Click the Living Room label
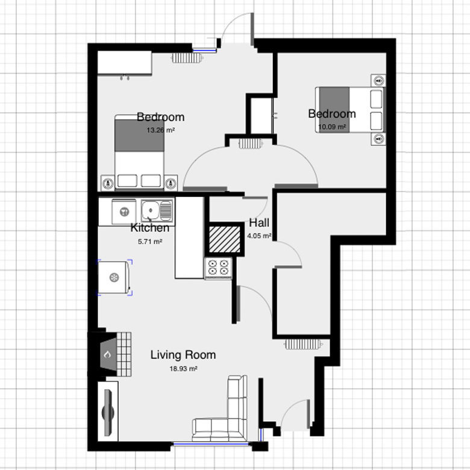[183, 355]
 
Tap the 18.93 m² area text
[183, 369]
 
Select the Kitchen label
[150, 228]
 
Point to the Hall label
[259, 223]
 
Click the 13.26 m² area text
[161, 130]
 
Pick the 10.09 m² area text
[332, 127]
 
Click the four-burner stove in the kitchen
[218, 268]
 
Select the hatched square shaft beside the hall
[225, 239]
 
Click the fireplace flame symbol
[107, 354]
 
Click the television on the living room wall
[108, 412]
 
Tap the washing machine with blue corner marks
[114, 277]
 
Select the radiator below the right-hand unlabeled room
[303, 344]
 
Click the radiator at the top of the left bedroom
[187, 58]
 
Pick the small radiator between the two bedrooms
[251, 144]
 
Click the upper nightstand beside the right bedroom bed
[378, 80]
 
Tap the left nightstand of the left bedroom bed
[108, 183]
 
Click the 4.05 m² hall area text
[259, 236]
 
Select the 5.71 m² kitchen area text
[150, 241]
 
